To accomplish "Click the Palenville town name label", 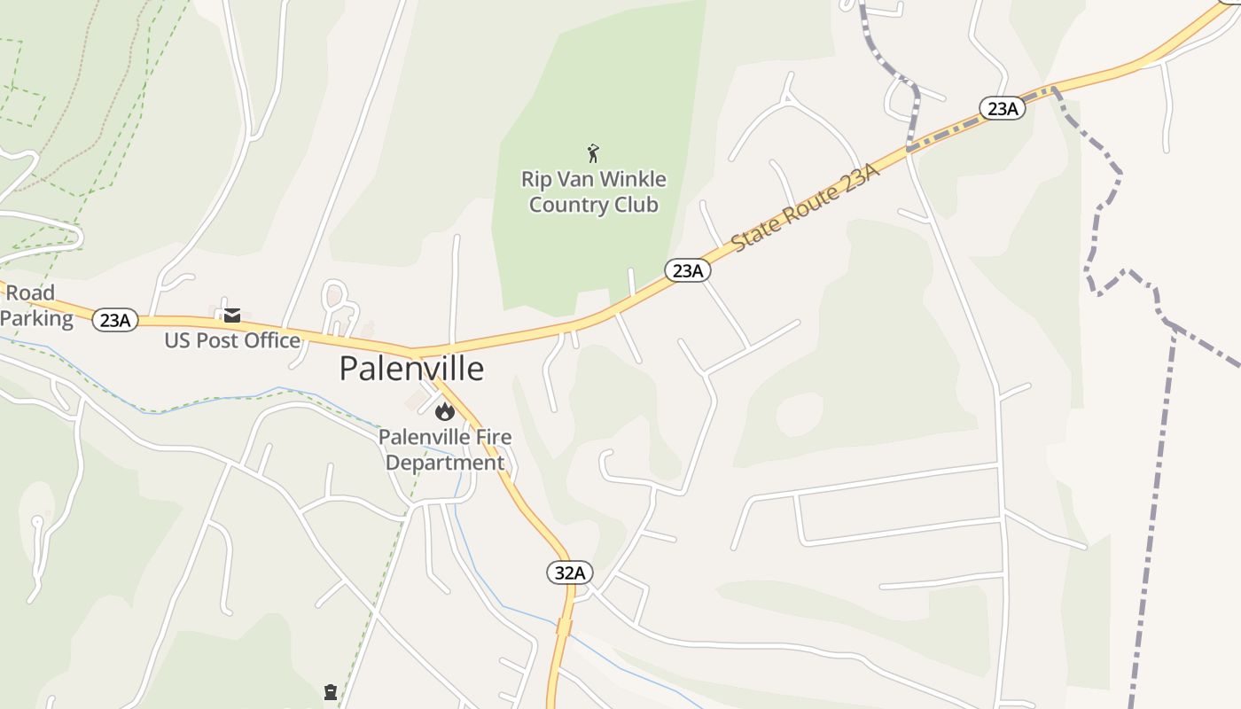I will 411,369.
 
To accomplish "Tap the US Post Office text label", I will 232,340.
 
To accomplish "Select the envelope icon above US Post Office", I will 232,316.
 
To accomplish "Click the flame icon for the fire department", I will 444,411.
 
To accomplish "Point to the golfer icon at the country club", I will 593,153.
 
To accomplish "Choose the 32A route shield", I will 568,573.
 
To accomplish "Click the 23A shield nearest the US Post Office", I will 115,320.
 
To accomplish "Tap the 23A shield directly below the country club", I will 687,270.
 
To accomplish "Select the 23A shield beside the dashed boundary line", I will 1002,108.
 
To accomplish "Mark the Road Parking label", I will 35,306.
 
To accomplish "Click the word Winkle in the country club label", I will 633,179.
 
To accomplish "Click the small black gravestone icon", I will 331,692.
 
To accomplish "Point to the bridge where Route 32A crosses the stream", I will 564,628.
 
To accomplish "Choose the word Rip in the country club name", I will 535,179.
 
